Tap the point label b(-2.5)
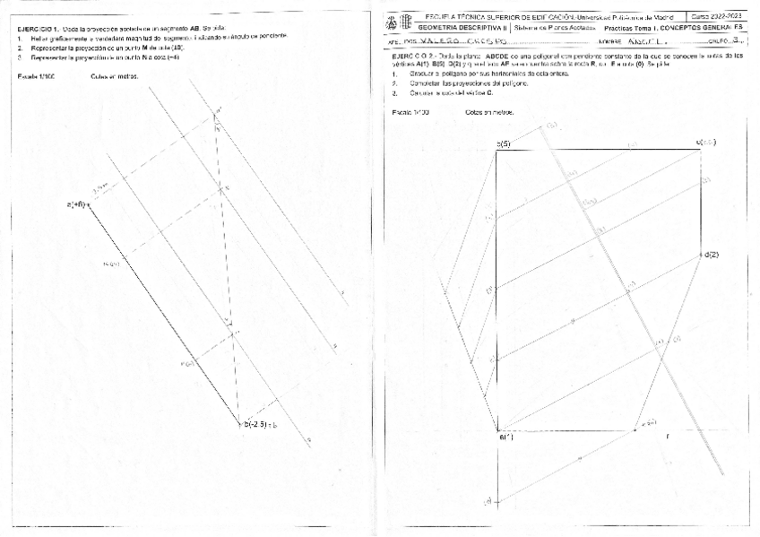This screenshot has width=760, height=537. pos(257,424)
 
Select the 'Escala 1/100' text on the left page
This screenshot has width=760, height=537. pos(36,77)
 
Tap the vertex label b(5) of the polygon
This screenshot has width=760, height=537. pos(504,143)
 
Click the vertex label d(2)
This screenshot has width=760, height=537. pos(712,255)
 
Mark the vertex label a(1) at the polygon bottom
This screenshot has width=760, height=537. pos(506,437)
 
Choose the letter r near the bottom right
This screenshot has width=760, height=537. pos(667,436)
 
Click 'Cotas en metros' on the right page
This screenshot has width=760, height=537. pos(488,111)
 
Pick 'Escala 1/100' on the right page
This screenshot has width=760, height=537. pos(410,111)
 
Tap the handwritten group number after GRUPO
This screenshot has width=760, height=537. pos(735,40)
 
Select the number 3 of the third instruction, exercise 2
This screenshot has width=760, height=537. pos(395,92)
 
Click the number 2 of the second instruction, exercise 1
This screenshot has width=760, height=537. pos(20,47)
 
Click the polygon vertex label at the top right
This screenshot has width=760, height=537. pos(706,143)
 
